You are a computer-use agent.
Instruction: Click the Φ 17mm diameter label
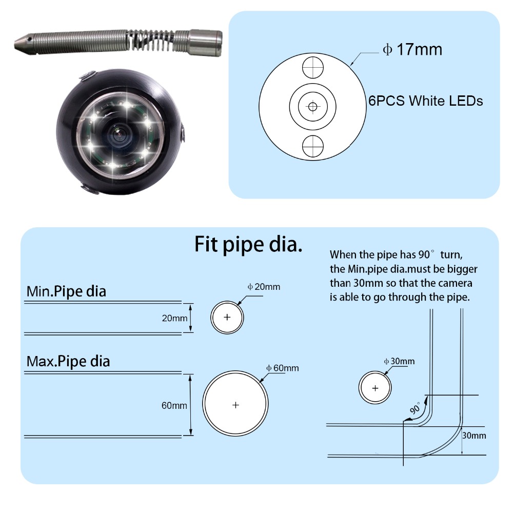[x=412, y=50]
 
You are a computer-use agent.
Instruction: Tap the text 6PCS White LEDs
[x=425, y=101]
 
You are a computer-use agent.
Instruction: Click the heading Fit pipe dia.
[x=248, y=244]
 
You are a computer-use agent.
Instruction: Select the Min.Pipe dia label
[x=66, y=291]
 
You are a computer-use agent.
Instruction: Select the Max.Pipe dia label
[x=68, y=361]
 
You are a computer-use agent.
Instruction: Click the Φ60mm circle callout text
[x=282, y=368]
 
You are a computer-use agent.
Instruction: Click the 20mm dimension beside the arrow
[x=174, y=318]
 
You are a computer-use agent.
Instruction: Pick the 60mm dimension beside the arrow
[x=174, y=405]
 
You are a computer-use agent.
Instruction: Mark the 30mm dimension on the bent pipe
[x=473, y=436]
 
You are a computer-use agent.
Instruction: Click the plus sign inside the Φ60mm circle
[x=235, y=405]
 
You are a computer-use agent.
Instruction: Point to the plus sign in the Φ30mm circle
[x=375, y=388]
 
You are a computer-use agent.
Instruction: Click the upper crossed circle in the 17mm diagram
[x=312, y=67]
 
